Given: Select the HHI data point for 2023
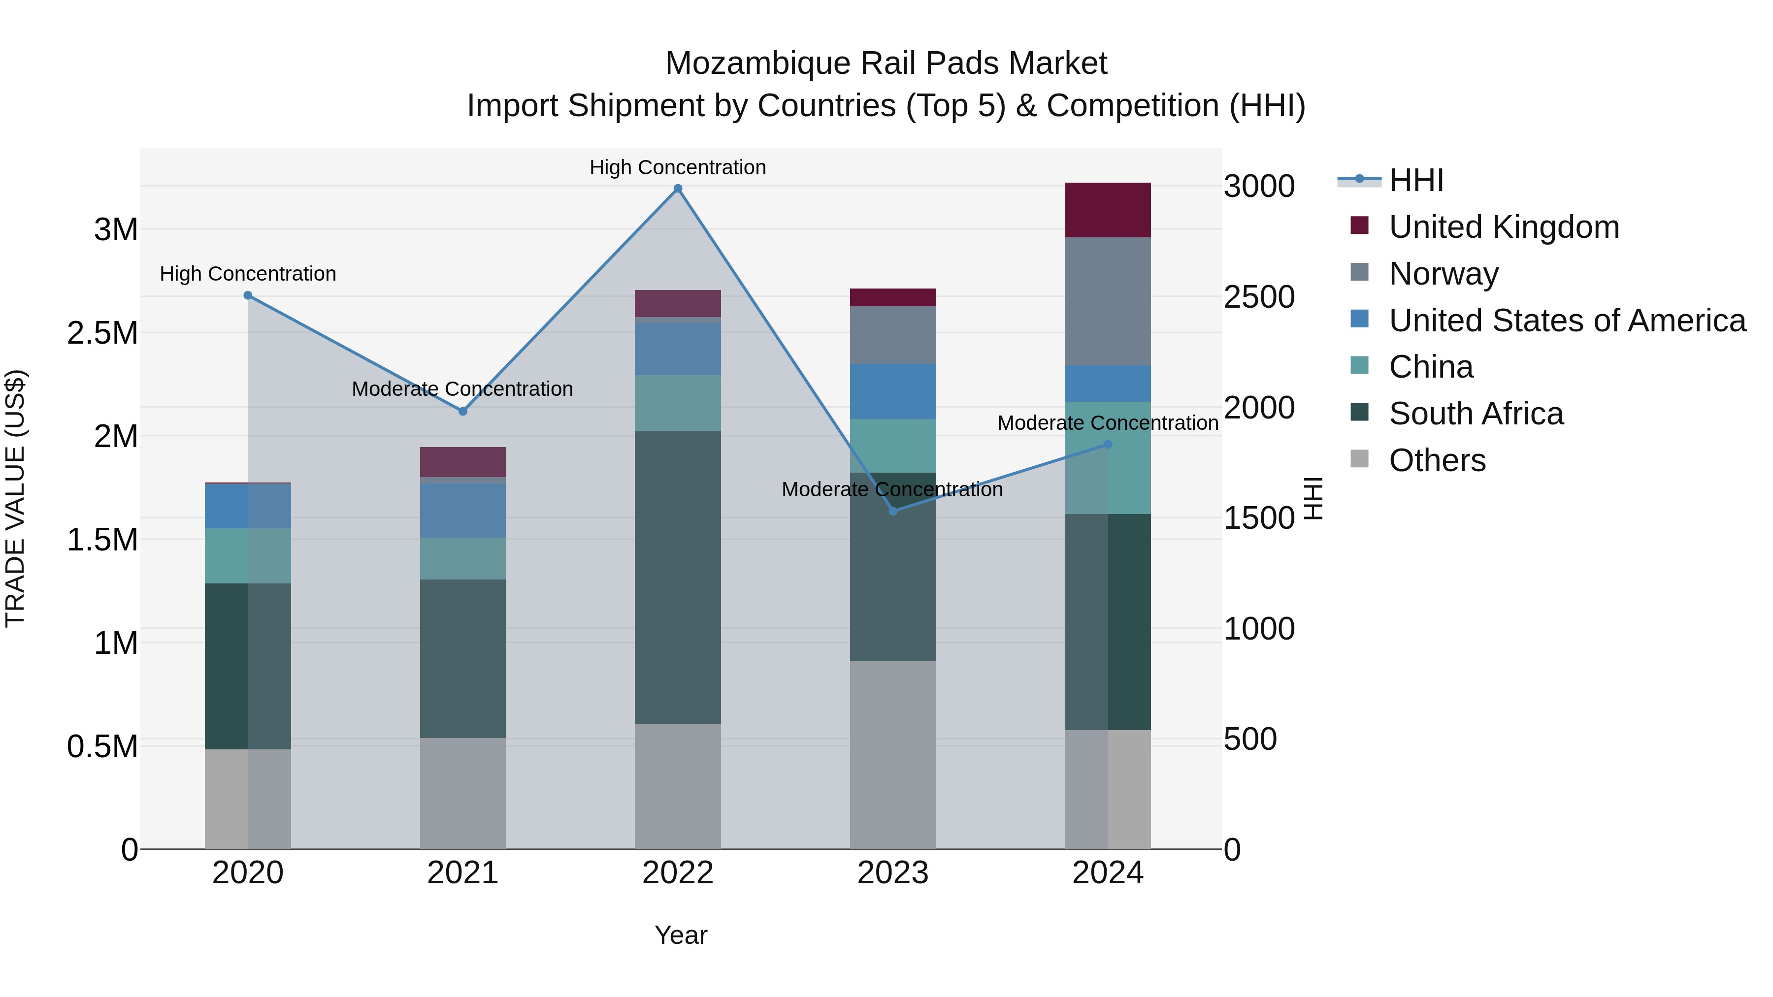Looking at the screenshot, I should (893, 511).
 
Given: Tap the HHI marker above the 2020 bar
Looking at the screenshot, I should (248, 295).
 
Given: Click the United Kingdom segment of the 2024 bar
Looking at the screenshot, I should (1108, 210).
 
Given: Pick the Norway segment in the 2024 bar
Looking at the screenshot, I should (1108, 301).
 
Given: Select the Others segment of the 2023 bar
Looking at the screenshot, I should (893, 755).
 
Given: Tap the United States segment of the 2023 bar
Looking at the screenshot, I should (893, 391).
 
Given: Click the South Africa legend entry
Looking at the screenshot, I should (1475, 414).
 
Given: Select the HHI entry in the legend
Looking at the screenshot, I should (1415, 180).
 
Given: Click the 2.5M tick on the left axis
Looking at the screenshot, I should (102, 333).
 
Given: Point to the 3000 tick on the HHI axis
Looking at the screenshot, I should (1258, 187).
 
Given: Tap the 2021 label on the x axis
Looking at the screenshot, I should (462, 873).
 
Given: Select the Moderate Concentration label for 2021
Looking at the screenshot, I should (462, 389).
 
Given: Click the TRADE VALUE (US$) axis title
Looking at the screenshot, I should (16, 498).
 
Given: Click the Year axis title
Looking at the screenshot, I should (680, 935).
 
